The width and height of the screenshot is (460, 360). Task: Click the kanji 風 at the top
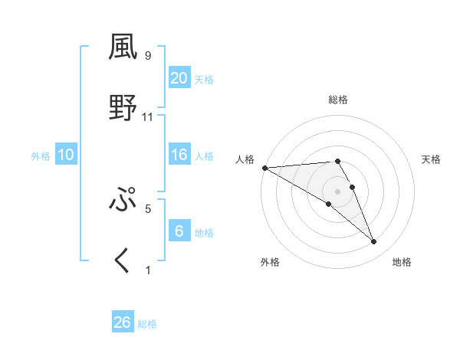coord(123,47)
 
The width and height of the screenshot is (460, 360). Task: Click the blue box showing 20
coord(179,78)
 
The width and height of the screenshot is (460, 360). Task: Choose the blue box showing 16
coord(179,155)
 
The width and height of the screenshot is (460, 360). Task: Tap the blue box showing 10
coord(66,155)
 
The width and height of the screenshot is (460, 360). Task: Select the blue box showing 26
coord(123,322)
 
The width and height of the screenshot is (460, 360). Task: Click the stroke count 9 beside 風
coord(148,56)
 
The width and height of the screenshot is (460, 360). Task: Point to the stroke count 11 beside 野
coord(148,117)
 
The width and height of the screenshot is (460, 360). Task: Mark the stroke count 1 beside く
coord(148,270)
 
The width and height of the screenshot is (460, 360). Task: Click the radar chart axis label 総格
coord(338,100)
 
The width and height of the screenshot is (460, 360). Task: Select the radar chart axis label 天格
coord(431,159)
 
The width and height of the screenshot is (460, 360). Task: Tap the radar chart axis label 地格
coord(402,263)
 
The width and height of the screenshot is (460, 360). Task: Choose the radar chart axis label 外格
coord(270,263)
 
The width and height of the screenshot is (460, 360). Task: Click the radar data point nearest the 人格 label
coord(264,168)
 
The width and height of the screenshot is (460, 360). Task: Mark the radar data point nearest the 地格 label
coord(374,242)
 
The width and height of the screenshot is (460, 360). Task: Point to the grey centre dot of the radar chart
coord(338,191)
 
